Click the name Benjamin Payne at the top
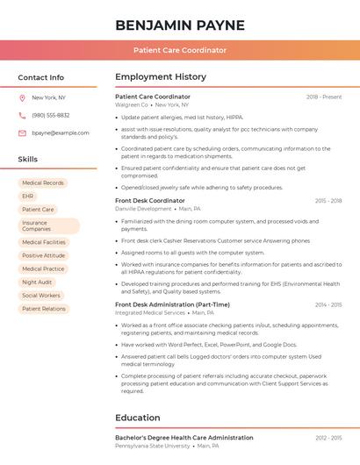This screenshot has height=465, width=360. [x=180, y=25]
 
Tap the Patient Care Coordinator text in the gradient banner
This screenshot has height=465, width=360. [x=180, y=50]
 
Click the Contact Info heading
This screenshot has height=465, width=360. [x=40, y=77]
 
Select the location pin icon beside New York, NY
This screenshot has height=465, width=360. [x=22, y=97]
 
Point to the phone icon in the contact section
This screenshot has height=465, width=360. [x=22, y=115]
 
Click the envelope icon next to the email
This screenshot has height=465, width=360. [x=22, y=132]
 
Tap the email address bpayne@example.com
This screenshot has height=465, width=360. [x=61, y=132]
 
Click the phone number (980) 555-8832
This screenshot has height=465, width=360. [x=51, y=115]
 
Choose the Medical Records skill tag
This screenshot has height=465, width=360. [x=43, y=183]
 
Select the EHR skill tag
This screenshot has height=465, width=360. [x=28, y=197]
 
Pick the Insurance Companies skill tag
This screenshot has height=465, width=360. [x=48, y=225]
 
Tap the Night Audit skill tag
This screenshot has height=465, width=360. [x=37, y=283]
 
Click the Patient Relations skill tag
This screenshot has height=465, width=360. [x=44, y=309]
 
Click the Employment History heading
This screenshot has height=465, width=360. [x=161, y=77]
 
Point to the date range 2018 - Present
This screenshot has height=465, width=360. [x=324, y=97]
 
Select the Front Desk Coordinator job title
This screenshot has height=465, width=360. [x=150, y=201]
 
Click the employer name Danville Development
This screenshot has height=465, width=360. [x=143, y=209]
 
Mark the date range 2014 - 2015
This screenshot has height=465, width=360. [x=328, y=304]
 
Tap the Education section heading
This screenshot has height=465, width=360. [x=138, y=418]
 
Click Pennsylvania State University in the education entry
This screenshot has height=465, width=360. [x=152, y=445]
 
